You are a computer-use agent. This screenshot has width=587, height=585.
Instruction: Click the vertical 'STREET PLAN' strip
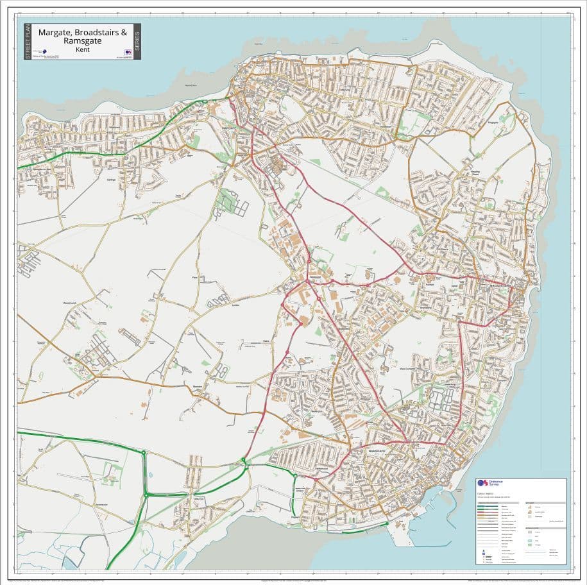(27, 42)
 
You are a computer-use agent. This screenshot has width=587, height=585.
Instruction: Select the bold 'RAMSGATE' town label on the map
(377, 451)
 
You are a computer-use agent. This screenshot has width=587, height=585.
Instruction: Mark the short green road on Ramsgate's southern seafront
(364, 530)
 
